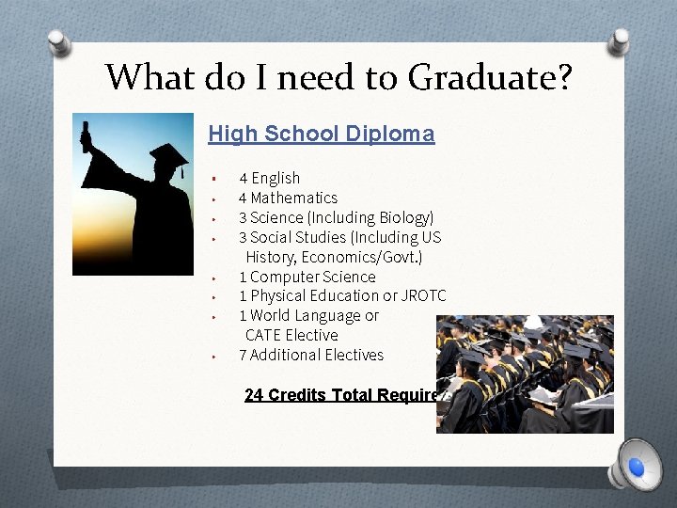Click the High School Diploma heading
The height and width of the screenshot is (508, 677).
click(322, 134)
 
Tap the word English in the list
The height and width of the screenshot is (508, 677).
click(276, 178)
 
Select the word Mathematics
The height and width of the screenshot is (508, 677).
click(293, 198)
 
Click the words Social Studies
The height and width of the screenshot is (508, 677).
click(291, 237)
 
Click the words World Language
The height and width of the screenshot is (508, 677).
click(305, 316)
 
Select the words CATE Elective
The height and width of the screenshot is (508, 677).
click(291, 336)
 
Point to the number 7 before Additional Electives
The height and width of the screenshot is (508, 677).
click(243, 355)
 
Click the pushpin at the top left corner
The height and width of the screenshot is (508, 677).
click(58, 41)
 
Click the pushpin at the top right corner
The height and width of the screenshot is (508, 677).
click(617, 40)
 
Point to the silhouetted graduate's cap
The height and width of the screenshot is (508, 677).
click(168, 153)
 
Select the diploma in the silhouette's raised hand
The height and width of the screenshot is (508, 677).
click(87, 137)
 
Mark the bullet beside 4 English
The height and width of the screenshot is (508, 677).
click(215, 178)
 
